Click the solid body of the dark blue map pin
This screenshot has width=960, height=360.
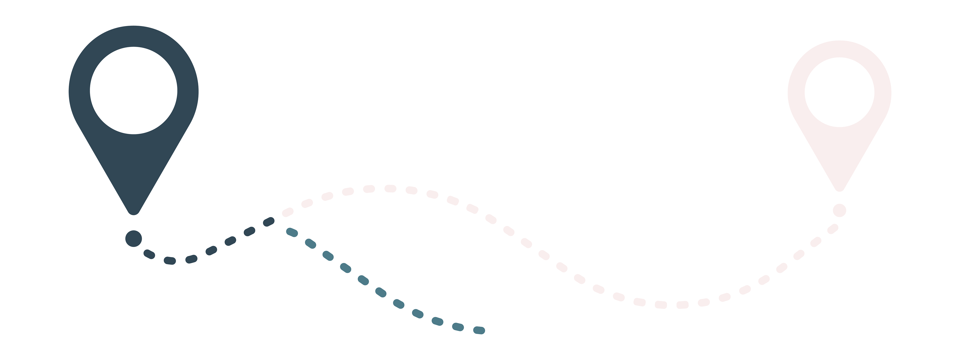133,164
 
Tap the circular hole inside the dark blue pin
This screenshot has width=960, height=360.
133,90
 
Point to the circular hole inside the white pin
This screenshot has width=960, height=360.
839,92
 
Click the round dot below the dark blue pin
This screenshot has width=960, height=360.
133,238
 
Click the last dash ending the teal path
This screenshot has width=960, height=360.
479,330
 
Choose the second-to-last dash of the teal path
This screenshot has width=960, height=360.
458,327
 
